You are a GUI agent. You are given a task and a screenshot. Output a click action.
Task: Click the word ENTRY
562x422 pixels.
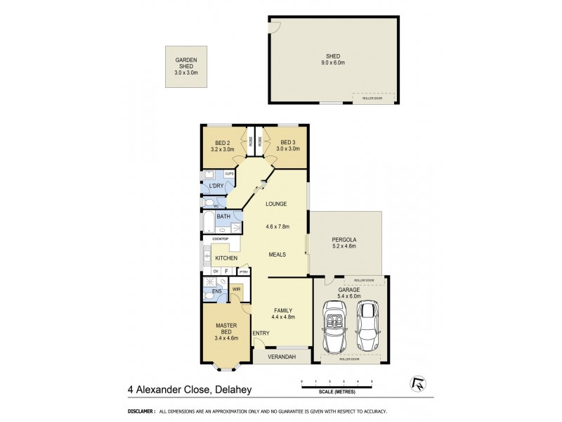point(261,333)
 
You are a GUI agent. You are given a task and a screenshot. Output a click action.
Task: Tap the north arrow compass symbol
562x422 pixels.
point(415,384)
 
